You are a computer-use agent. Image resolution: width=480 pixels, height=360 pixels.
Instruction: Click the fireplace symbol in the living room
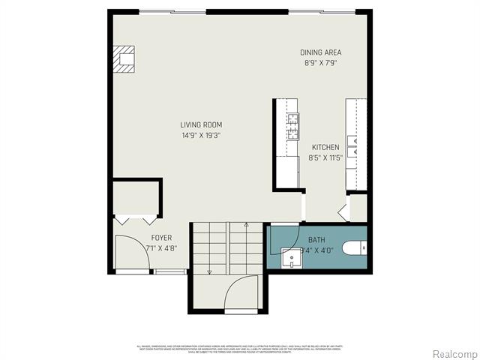coord(124,58)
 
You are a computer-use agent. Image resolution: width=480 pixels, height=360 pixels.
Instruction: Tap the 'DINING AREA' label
coord(320,52)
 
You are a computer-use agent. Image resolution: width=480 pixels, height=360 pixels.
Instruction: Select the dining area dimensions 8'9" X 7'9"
coord(320,63)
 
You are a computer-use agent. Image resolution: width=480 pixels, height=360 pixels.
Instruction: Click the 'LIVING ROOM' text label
coord(201,125)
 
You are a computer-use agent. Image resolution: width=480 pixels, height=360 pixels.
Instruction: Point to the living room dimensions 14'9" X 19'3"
coord(201,136)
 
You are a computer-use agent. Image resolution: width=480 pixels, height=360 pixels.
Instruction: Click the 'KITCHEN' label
coord(325,148)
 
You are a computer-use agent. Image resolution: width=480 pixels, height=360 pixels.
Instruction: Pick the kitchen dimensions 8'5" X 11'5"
coord(325,158)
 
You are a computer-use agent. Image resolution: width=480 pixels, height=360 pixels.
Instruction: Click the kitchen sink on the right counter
coord(356,148)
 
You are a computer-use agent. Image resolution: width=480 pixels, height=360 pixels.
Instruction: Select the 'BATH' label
coord(316,239)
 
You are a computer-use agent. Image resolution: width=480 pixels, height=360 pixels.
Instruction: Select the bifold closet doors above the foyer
coord(136,219)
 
